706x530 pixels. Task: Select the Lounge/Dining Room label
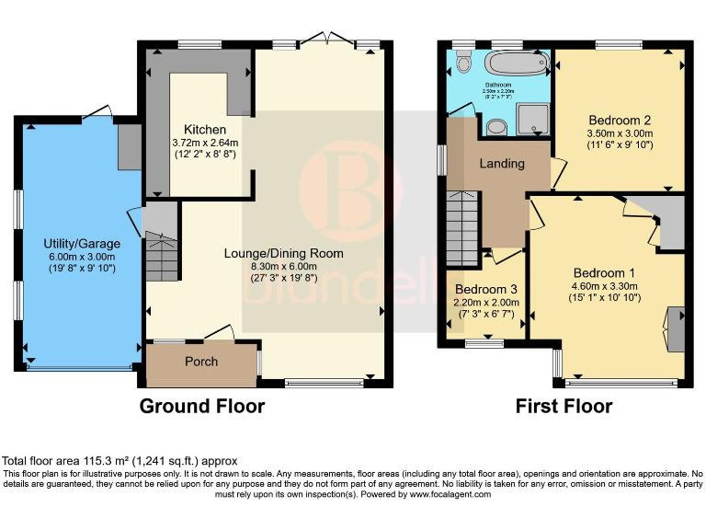coord(284,253)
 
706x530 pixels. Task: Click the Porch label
coord(201,362)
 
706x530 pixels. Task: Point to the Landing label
coord(502,164)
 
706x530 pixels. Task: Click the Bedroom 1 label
coord(604,273)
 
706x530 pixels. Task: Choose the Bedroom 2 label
coord(621,120)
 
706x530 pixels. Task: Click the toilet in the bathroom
coord(462,63)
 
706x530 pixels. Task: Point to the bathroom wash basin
coord(497,126)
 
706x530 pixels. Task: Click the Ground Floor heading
coord(201,406)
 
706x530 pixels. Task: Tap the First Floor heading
coord(564,406)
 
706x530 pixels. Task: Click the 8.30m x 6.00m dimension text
coord(284,266)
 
